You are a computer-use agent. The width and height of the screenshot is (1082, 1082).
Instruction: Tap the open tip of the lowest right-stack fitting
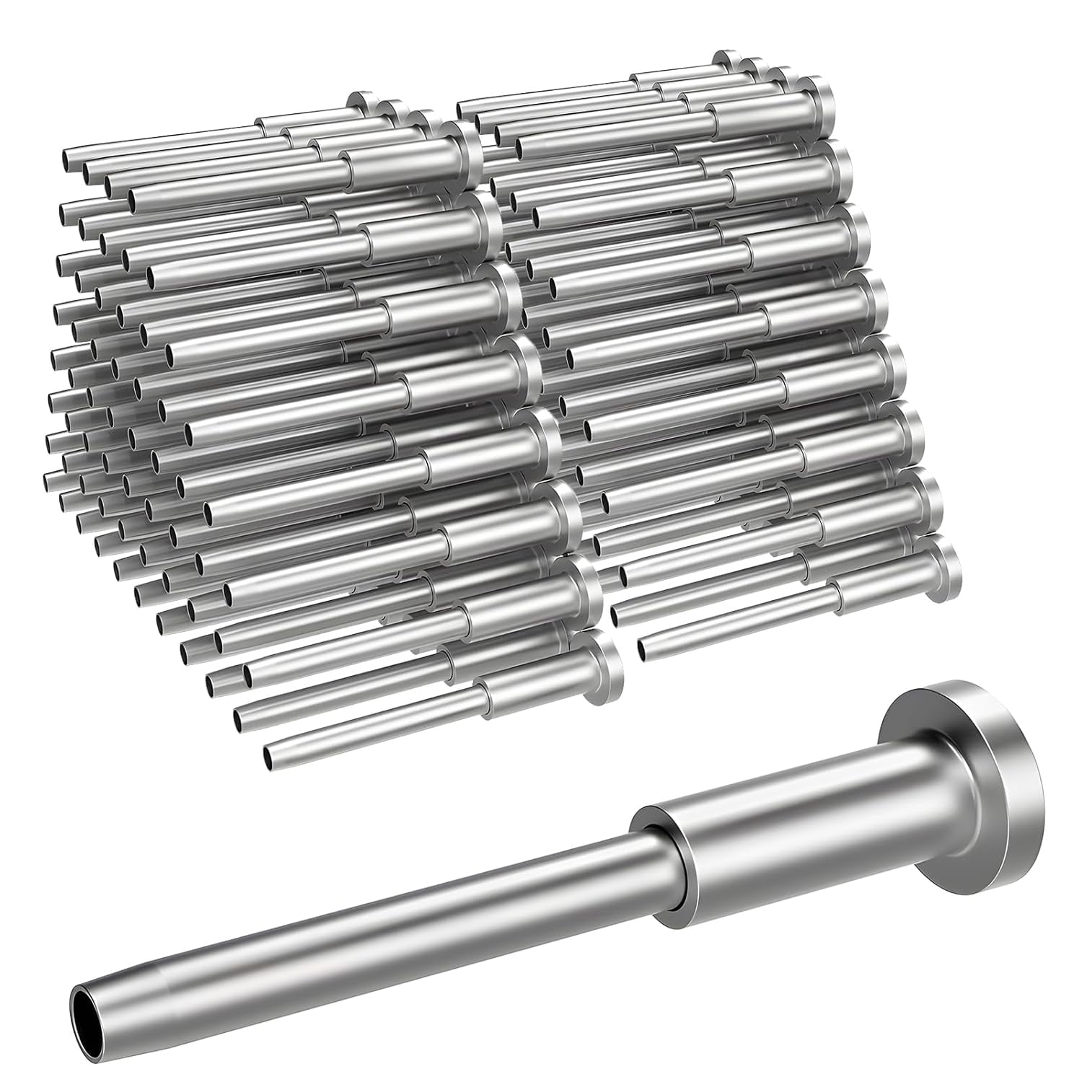point(644,649)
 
